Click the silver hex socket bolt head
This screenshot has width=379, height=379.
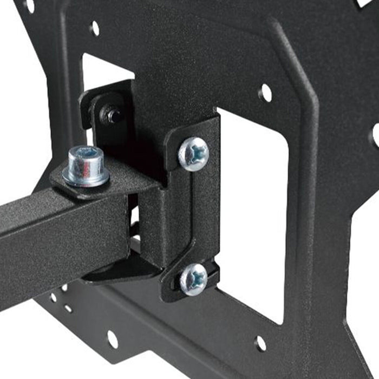click(86, 159)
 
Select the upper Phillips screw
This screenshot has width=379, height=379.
click(193, 154)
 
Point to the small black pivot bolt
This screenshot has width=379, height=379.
click(114, 115)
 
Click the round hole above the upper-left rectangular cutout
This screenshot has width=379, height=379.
click(95, 28)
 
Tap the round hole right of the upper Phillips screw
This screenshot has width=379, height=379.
click(265, 93)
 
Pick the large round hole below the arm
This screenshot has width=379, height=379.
click(112, 339)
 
